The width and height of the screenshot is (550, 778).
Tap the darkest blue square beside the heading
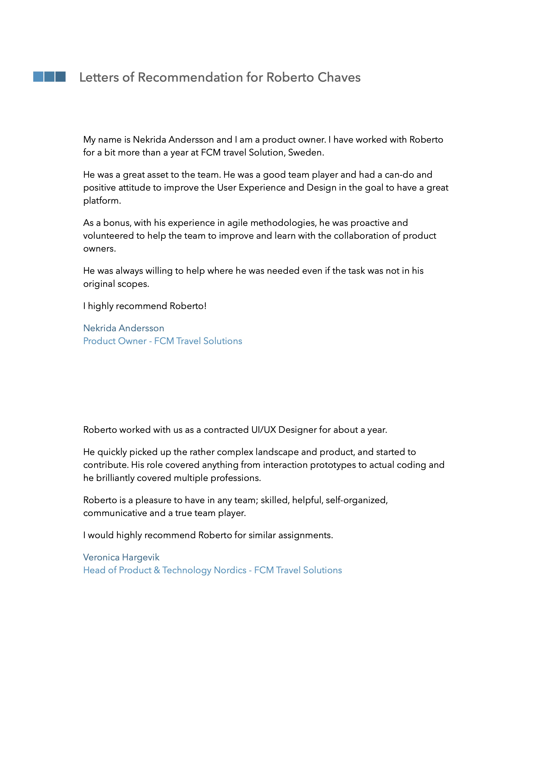[60, 77]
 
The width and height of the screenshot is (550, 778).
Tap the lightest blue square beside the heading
[38, 77]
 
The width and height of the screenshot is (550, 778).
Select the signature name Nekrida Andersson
[124, 328]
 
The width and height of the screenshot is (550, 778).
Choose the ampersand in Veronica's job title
[157, 570]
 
